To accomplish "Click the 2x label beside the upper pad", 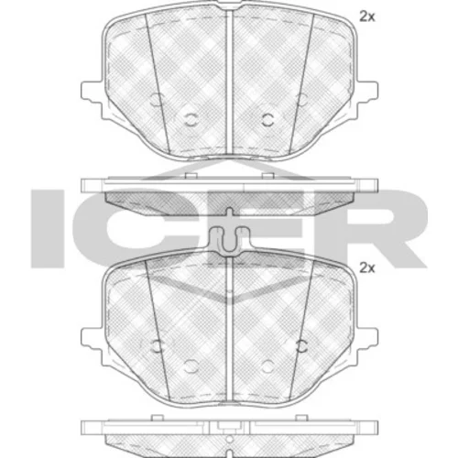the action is click(366, 17).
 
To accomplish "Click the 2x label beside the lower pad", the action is click(366, 268).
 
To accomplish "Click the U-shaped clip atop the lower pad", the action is click(229, 241).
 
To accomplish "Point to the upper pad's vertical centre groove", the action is click(229, 82).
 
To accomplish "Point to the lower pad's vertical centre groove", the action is click(229, 329).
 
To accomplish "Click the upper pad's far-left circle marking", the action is click(156, 99).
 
